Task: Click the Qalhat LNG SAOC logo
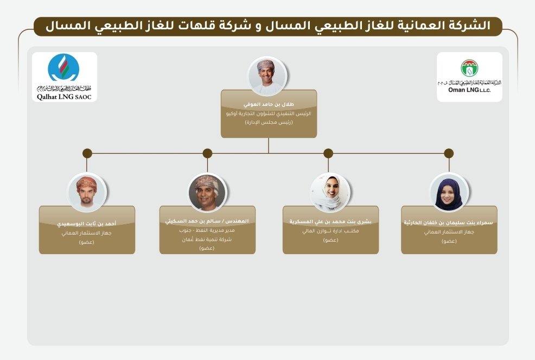coord(65,77)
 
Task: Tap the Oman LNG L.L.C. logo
coord(469,77)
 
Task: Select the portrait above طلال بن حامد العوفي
coord(266,76)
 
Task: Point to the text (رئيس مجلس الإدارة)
coord(269,123)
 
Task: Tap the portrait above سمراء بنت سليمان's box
coord(449,192)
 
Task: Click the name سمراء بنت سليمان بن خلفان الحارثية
coord(449,222)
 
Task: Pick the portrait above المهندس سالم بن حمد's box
coord(207,192)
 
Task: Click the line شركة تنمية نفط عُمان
coord(206,239)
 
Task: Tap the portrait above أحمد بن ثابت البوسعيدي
coord(87,192)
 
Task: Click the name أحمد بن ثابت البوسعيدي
coord(87,223)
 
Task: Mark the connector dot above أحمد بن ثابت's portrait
coord(87,153)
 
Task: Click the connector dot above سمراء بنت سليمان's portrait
coord(449,153)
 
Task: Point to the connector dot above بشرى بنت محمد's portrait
coord(328,153)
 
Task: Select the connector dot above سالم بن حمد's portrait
coord(207,153)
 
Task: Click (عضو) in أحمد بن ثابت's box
coord(87,242)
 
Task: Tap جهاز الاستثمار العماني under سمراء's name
coord(449,232)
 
